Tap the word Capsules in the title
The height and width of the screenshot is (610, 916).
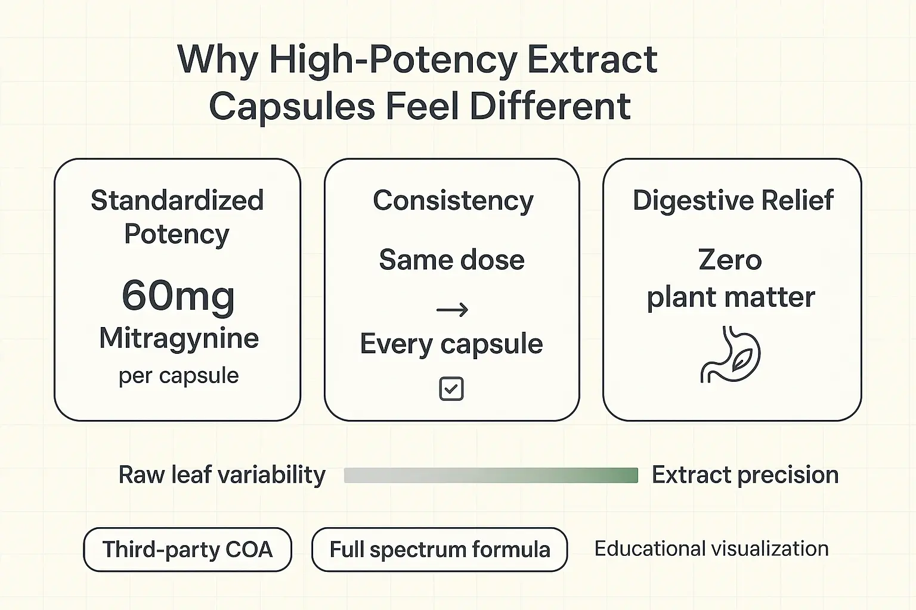point(292,107)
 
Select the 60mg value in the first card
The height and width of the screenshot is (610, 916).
point(178,295)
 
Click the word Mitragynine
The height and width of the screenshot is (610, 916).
point(179,338)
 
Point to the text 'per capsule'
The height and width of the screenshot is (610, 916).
point(178,375)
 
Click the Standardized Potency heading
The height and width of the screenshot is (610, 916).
point(177,217)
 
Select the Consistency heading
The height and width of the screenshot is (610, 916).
point(453,201)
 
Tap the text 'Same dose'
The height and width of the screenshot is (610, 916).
point(451,260)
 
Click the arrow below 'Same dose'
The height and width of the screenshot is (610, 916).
point(452,310)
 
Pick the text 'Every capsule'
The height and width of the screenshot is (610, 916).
point(451,344)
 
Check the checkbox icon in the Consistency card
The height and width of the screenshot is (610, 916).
point(451,389)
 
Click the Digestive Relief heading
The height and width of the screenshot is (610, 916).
point(733,200)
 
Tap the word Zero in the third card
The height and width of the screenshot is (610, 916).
point(730,260)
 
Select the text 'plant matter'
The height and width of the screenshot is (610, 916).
point(731,297)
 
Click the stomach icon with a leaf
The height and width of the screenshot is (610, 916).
point(730,354)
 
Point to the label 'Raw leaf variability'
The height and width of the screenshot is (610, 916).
point(222,475)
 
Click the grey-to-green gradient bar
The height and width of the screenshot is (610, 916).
point(491,475)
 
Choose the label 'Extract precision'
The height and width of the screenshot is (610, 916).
point(745,475)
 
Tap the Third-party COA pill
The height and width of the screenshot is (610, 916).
point(187,549)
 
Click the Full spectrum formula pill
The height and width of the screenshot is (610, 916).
point(440,549)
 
